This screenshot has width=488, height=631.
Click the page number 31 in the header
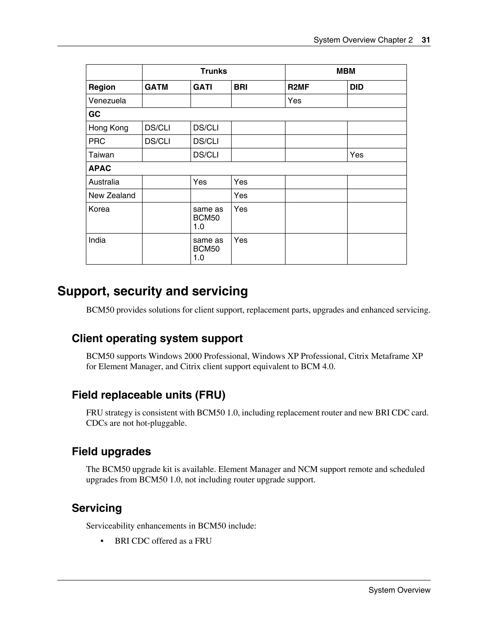[x=426, y=40]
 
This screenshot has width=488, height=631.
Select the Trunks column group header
[x=214, y=71]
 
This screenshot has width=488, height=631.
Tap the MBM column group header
[x=346, y=71]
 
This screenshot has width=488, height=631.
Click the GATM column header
[x=156, y=87]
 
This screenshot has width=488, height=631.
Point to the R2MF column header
[x=298, y=87]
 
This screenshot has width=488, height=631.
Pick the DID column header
[x=356, y=87]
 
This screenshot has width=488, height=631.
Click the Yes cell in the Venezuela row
[x=294, y=101]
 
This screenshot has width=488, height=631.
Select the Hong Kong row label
[x=108, y=128]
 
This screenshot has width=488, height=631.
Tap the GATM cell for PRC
[x=157, y=141]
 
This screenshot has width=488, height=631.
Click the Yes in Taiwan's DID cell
[x=356, y=155]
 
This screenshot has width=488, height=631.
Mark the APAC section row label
[x=100, y=168]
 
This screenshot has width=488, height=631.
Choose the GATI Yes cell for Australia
[x=200, y=182]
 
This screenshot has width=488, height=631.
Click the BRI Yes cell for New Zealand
[x=240, y=195]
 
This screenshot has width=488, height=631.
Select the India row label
[x=97, y=240]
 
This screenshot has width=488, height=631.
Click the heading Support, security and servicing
[x=153, y=291]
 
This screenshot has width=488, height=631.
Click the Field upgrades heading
[x=111, y=451]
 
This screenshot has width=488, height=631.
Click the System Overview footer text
[x=399, y=590]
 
